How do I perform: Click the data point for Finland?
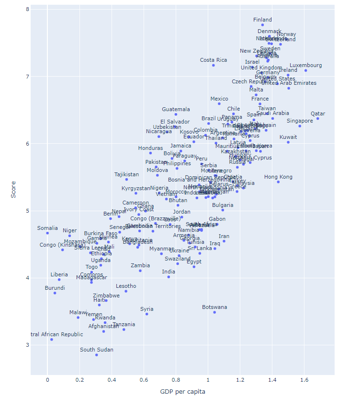[262, 24]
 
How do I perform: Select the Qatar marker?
[317, 118]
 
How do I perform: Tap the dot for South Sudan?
[96, 355]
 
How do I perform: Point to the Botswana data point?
[214, 312]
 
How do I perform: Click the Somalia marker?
[47, 233]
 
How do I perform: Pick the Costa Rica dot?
[214, 65]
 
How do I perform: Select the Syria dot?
[147, 314]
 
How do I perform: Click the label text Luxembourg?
[306, 65]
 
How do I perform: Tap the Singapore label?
[300, 121]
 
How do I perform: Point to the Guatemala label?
[176, 109]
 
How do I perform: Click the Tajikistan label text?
[126, 174]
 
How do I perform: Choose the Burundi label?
[55, 288]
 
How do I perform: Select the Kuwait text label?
[288, 137]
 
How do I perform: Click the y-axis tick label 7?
[27, 77]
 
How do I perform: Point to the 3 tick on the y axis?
[27, 345]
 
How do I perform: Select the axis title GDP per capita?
[182, 391]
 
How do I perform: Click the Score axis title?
[13, 189]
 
